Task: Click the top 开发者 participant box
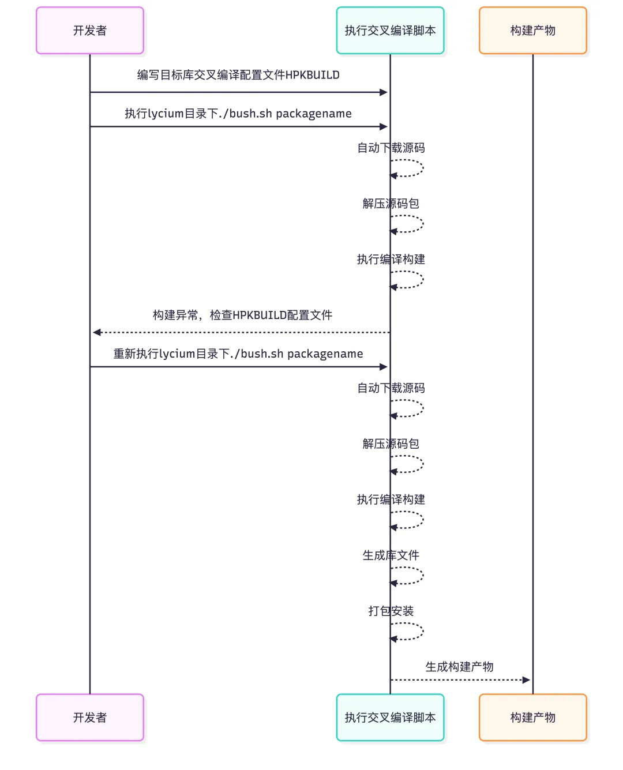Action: click(90, 31)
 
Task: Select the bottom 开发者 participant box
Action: click(90, 718)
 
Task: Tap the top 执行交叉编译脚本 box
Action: click(390, 31)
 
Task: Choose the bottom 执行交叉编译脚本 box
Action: click(390, 718)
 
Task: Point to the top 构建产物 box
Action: click(532, 31)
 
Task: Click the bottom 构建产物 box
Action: click(532, 718)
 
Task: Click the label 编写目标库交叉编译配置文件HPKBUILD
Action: click(238, 75)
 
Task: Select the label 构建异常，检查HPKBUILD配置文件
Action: click(242, 315)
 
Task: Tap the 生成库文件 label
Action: click(391, 555)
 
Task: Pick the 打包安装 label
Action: click(391, 611)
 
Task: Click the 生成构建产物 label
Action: click(459, 667)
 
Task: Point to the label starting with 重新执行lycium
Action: click(238, 354)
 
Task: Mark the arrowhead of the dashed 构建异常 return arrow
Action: click(97, 332)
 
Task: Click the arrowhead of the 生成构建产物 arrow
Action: click(526, 680)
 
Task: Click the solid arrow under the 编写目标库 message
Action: click(238, 92)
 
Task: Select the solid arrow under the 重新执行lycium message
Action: click(238, 367)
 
